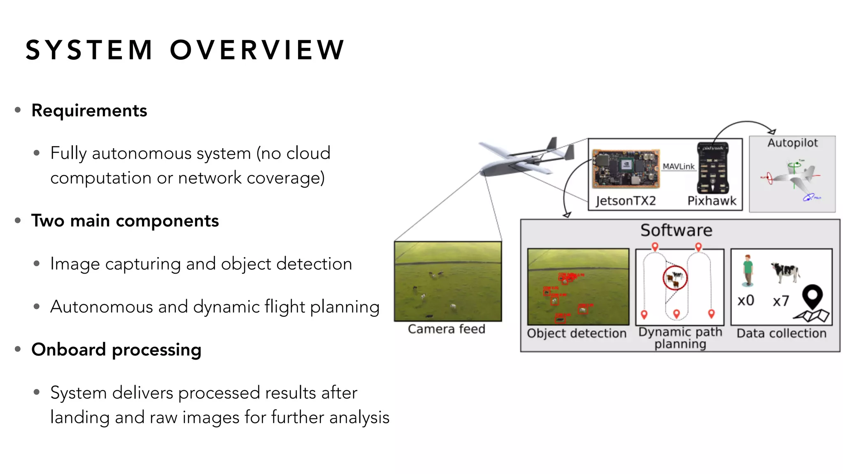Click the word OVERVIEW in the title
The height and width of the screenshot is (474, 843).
pyautogui.click(x=257, y=50)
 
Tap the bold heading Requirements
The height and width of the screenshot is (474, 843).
pyautogui.click(x=89, y=111)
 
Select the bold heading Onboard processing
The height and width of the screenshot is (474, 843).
pyautogui.click(x=116, y=350)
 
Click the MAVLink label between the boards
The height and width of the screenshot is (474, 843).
pyautogui.click(x=678, y=166)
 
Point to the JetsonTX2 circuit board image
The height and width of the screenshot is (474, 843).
pyautogui.click(x=626, y=169)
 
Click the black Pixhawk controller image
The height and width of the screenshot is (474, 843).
pyautogui.click(x=713, y=168)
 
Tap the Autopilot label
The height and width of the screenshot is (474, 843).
pyautogui.click(x=792, y=143)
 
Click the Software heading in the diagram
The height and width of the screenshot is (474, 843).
pyautogui.click(x=676, y=230)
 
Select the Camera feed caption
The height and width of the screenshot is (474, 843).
pyautogui.click(x=447, y=329)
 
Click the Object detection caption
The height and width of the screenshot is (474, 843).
pyautogui.click(x=576, y=333)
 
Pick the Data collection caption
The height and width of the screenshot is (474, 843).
pyautogui.click(x=781, y=333)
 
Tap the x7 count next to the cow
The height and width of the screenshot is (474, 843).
pyautogui.click(x=781, y=301)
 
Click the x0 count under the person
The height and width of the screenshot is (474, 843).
pyautogui.click(x=745, y=300)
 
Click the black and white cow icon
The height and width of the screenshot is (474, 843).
pyautogui.click(x=785, y=272)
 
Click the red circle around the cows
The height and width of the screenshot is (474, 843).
pyautogui.click(x=675, y=278)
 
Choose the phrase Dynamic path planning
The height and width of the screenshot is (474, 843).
pyautogui.click(x=680, y=337)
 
